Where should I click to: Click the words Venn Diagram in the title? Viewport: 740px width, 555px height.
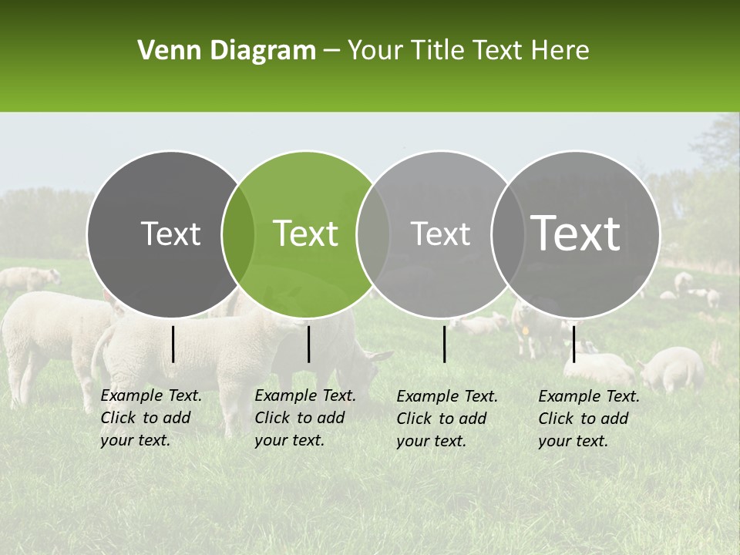coord(226,51)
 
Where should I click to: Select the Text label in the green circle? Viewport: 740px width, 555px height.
coord(305,234)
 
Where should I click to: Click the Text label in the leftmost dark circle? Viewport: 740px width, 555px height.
coord(170,234)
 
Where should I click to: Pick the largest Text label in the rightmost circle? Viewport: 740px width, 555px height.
coord(575,233)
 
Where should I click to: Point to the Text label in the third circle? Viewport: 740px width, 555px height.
coord(440,234)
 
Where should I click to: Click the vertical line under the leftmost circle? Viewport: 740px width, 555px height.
coord(173,344)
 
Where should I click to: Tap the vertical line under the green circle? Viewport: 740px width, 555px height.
coord(308,344)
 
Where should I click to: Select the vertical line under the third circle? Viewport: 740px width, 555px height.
coord(444,344)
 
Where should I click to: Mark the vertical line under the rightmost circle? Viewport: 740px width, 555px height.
coord(573,344)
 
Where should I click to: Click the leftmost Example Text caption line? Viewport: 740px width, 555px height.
coord(151,395)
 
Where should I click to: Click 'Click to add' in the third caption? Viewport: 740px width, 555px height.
coord(442,419)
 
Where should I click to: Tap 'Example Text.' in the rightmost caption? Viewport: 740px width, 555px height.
coord(589,396)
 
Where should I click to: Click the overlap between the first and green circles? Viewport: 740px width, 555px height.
coord(238,234)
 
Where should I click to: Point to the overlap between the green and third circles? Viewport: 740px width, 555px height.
coord(373,234)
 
